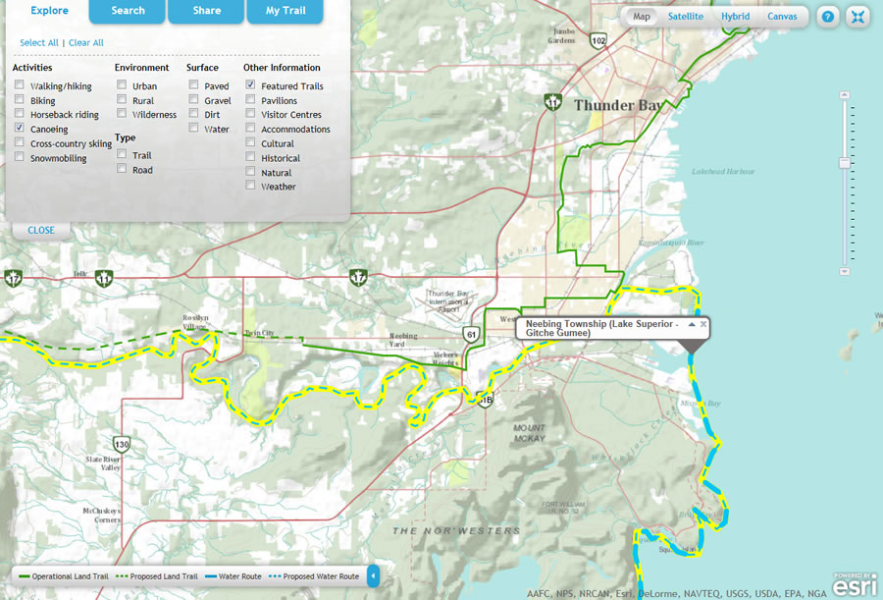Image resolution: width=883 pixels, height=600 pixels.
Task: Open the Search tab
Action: click(x=128, y=11)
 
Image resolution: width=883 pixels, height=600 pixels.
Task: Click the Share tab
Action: click(x=206, y=11)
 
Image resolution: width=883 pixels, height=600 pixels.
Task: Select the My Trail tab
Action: click(x=286, y=11)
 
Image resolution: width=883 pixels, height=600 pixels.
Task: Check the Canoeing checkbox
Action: click(x=20, y=129)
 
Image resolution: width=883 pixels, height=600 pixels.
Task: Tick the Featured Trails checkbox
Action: click(x=251, y=85)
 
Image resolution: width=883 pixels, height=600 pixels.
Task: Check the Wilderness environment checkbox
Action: click(x=122, y=114)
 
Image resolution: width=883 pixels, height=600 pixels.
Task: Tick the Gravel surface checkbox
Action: click(x=194, y=100)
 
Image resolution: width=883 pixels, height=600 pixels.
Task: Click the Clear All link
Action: click(x=86, y=43)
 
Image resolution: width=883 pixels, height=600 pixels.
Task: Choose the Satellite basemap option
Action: click(x=685, y=17)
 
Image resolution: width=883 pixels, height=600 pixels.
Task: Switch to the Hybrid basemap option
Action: click(x=735, y=17)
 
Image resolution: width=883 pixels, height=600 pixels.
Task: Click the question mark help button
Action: click(x=828, y=17)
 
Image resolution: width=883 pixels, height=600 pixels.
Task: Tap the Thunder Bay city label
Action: click(x=617, y=105)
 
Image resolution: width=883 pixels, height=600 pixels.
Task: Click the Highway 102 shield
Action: click(x=598, y=40)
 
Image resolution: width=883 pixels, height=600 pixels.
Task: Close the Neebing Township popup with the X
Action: click(x=703, y=323)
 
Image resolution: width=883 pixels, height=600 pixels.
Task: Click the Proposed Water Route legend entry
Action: click(x=318, y=576)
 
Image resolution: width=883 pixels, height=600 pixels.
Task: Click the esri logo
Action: click(x=848, y=584)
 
